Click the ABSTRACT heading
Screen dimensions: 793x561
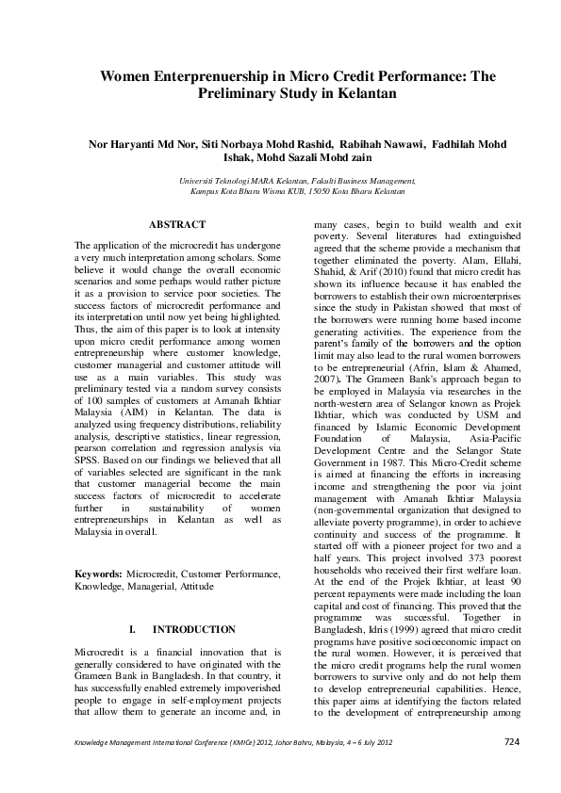[x=176, y=224]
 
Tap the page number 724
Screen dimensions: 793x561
[x=511, y=769]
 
